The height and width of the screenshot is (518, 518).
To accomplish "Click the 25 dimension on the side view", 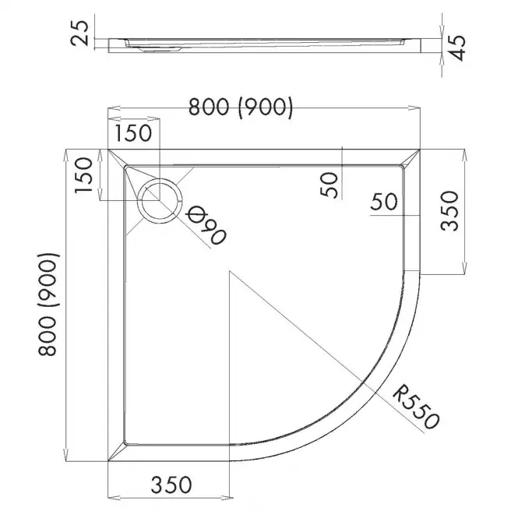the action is pyautogui.click(x=80, y=33).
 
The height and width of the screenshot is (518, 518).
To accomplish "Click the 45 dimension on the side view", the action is pyautogui.click(x=458, y=48).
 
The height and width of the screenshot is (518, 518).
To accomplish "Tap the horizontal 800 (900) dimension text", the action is pyautogui.click(x=241, y=107).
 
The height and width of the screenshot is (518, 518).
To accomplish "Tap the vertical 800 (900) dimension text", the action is pyautogui.click(x=48, y=305).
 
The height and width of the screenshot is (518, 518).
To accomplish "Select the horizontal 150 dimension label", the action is pyautogui.click(x=134, y=132).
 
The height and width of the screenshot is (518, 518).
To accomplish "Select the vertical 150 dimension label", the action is pyautogui.click(x=83, y=175).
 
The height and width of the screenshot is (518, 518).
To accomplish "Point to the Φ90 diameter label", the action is pyautogui.click(x=206, y=226).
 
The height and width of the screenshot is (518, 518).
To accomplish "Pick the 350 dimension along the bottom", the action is pyautogui.click(x=171, y=485).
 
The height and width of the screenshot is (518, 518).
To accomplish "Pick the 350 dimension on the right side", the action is pyautogui.click(x=450, y=211).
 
